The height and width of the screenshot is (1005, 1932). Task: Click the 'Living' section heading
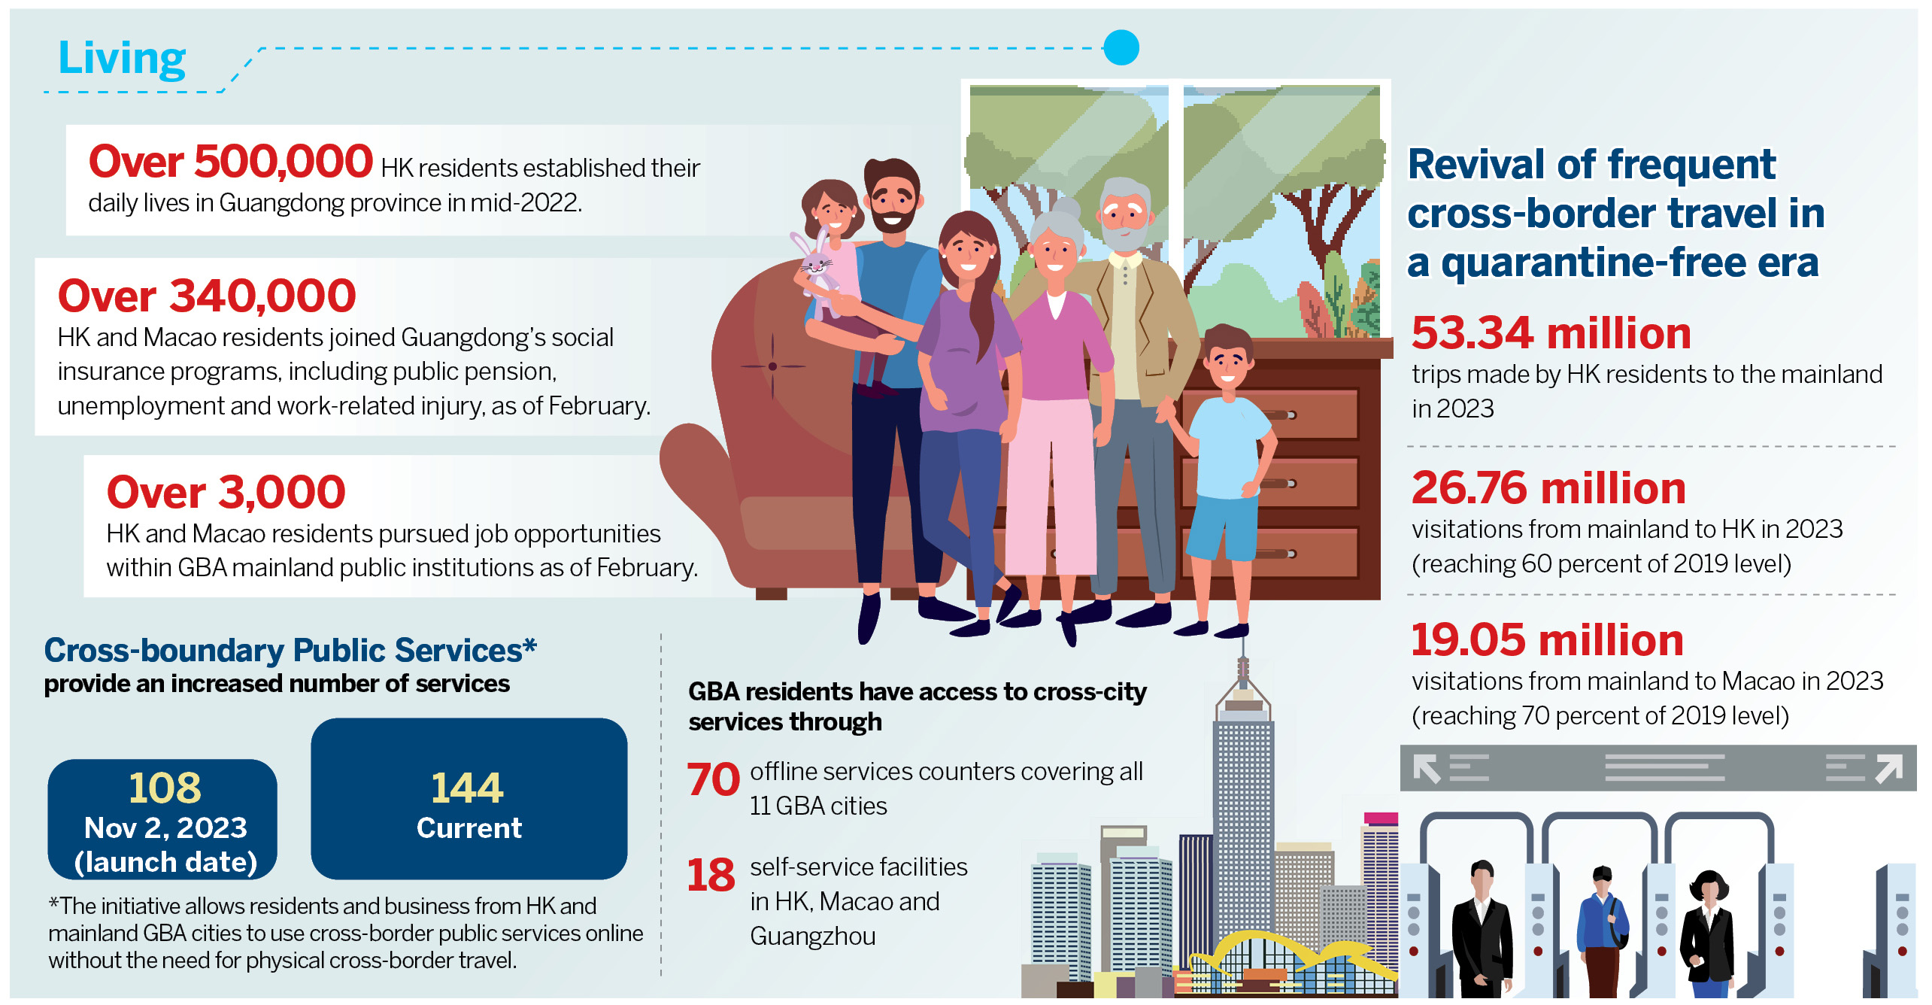122,59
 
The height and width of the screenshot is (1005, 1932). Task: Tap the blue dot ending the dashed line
1121,47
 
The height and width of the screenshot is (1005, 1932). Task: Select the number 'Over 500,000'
231,161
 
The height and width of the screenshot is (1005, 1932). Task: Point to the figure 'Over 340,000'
207,296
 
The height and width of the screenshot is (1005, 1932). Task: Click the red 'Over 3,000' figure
226,492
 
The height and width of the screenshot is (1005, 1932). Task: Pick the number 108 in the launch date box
165,788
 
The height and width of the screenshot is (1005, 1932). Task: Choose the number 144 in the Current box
467,788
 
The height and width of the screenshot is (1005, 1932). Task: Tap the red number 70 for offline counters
713,779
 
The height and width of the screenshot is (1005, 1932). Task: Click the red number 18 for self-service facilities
711,875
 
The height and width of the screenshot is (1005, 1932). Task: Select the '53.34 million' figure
1551,332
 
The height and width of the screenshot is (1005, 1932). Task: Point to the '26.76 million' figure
1548,487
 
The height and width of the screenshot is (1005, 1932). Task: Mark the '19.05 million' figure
1547,640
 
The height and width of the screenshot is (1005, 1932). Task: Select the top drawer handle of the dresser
1278,414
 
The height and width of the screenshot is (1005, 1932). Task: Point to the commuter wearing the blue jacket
1603,933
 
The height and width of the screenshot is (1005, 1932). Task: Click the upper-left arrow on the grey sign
1427,769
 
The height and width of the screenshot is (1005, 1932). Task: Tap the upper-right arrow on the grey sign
1888,769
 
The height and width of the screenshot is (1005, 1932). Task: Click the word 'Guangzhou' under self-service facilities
813,936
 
